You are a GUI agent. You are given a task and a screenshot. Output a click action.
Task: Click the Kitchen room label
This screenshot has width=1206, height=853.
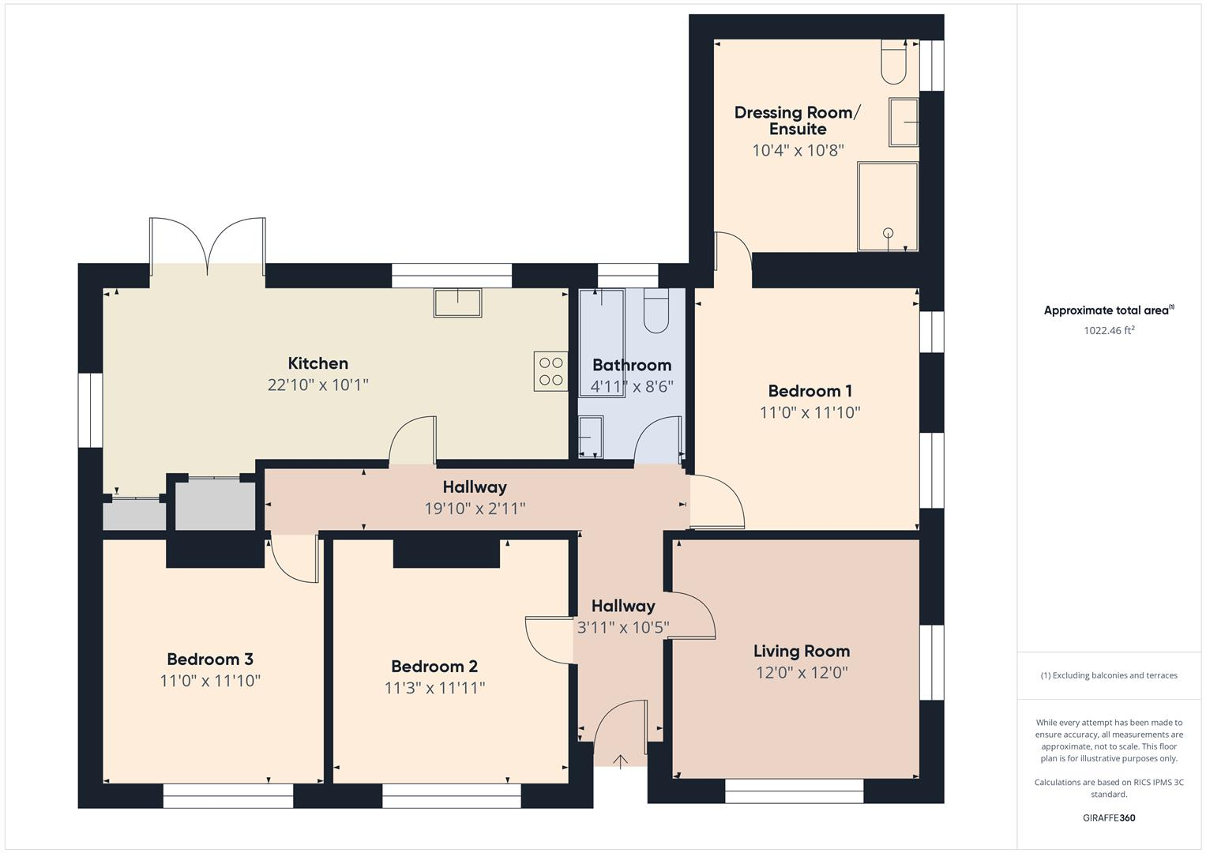pyautogui.click(x=317, y=363)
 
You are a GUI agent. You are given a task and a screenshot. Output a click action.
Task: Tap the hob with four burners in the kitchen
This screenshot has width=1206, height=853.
pyautogui.click(x=550, y=371)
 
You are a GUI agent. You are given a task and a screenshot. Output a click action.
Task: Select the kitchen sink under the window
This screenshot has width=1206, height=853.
pyautogui.click(x=457, y=302)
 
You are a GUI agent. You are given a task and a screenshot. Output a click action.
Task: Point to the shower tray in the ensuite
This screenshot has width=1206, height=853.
pyautogui.click(x=888, y=206)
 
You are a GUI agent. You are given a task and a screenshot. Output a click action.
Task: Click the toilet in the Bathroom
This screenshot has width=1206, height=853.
pyautogui.click(x=656, y=310)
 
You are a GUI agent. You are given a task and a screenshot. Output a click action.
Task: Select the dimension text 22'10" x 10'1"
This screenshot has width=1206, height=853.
pyautogui.click(x=317, y=385)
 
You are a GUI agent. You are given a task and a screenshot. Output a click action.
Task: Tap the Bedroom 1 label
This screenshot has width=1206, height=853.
pyautogui.click(x=810, y=391)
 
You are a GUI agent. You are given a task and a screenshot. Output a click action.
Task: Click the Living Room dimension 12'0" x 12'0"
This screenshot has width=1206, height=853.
pyautogui.click(x=801, y=673)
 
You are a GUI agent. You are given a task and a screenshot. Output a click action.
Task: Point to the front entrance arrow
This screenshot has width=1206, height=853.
pyautogui.click(x=621, y=761)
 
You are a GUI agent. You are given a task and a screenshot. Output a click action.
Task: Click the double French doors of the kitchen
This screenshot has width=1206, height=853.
pyautogui.click(x=208, y=246)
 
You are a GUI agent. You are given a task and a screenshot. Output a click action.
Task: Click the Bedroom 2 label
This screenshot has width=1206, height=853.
pyautogui.click(x=434, y=667)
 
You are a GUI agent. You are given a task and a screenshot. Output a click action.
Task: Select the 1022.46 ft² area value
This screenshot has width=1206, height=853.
pyautogui.click(x=1108, y=331)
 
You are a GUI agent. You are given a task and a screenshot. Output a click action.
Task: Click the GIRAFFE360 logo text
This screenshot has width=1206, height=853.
pyautogui.click(x=1108, y=817)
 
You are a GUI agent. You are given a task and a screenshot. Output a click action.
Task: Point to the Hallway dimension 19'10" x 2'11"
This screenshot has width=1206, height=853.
pyautogui.click(x=474, y=509)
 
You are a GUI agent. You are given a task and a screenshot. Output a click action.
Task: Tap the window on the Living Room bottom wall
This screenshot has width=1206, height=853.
pyautogui.click(x=794, y=791)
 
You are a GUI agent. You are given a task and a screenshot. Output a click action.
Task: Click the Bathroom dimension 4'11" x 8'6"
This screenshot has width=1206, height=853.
pyautogui.click(x=631, y=387)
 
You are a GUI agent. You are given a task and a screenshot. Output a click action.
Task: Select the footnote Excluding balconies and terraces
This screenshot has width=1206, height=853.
pyautogui.click(x=1108, y=675)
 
